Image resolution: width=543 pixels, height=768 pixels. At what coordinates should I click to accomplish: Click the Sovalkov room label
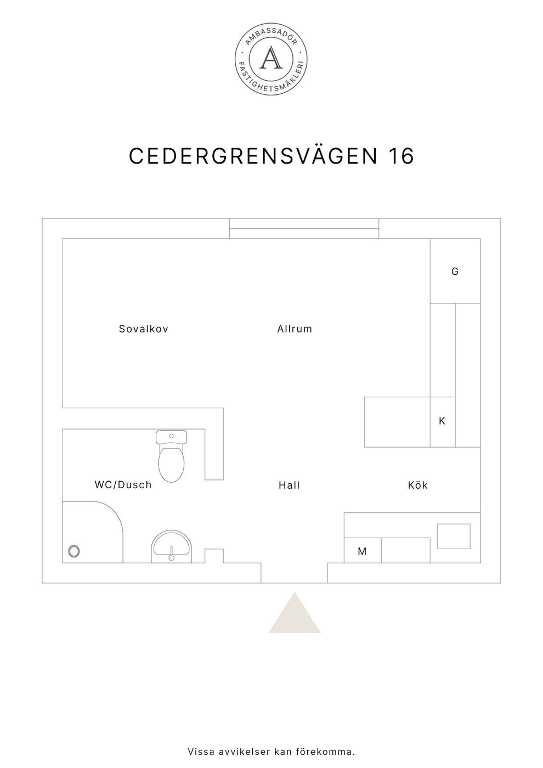tap(144, 329)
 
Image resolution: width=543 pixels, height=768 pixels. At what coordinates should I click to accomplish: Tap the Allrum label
tap(295, 329)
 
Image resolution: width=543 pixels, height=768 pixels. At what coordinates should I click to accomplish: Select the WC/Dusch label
tap(123, 485)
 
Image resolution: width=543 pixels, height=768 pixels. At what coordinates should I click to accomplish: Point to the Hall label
tap(289, 485)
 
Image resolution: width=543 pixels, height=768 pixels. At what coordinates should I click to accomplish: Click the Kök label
tap(417, 485)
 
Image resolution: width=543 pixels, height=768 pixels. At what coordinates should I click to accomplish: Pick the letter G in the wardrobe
tap(455, 272)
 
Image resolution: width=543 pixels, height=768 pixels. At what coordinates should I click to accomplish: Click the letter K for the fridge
tap(442, 421)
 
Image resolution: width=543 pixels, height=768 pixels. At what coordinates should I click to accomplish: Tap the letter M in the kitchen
tap(362, 551)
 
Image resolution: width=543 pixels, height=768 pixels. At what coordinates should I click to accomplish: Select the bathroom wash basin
tap(171, 546)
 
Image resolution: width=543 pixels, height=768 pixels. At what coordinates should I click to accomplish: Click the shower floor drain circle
tap(73, 551)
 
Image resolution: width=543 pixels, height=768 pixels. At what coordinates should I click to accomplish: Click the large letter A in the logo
tap(271, 58)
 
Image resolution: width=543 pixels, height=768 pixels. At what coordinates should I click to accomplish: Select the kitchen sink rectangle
tap(454, 537)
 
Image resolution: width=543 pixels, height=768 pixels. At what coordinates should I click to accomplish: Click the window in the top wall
tap(304, 229)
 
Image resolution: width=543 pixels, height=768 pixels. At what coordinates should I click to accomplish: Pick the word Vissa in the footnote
tap(201, 752)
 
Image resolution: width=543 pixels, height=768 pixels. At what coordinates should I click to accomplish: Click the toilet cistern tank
tap(171, 437)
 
